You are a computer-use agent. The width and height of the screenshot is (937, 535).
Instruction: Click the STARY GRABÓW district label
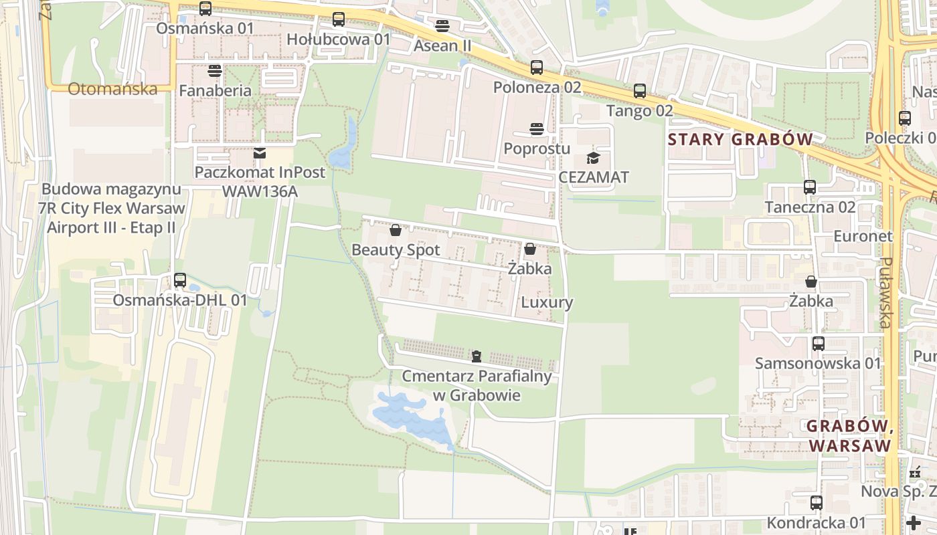click(740, 139)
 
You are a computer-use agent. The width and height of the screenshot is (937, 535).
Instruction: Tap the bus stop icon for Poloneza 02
click(536, 68)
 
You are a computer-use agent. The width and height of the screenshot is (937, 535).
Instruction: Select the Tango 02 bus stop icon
click(640, 91)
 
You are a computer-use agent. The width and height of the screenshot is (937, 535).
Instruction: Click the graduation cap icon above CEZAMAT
click(593, 158)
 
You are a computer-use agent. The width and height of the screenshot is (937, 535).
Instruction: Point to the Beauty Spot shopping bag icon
click(396, 231)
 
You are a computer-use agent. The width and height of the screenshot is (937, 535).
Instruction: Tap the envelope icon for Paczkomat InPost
click(260, 153)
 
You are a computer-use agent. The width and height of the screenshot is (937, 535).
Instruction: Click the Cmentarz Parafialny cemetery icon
click(477, 356)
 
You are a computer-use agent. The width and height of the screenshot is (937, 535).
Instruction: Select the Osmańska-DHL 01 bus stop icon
click(179, 280)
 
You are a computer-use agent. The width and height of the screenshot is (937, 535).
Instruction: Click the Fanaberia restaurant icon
click(215, 71)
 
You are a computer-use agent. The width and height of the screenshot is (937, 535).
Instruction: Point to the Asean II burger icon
click(442, 26)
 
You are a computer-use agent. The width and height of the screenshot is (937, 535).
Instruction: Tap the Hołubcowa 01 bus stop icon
click(339, 19)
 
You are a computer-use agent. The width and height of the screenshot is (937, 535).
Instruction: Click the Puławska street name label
click(885, 293)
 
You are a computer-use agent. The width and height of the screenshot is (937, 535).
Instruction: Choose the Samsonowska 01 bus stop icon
click(818, 344)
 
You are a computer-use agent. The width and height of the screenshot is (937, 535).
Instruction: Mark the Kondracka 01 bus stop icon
click(817, 503)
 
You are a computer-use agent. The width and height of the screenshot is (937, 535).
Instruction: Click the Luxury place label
click(547, 302)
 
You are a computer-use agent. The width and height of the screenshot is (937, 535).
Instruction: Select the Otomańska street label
click(112, 89)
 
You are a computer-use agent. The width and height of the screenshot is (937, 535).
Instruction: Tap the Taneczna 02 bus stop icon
click(810, 187)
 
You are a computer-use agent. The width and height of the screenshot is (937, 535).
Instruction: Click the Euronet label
click(863, 236)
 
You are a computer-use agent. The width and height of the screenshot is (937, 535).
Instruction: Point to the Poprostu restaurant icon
click(536, 129)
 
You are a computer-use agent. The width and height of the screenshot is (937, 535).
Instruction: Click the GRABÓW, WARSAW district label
click(850, 435)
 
